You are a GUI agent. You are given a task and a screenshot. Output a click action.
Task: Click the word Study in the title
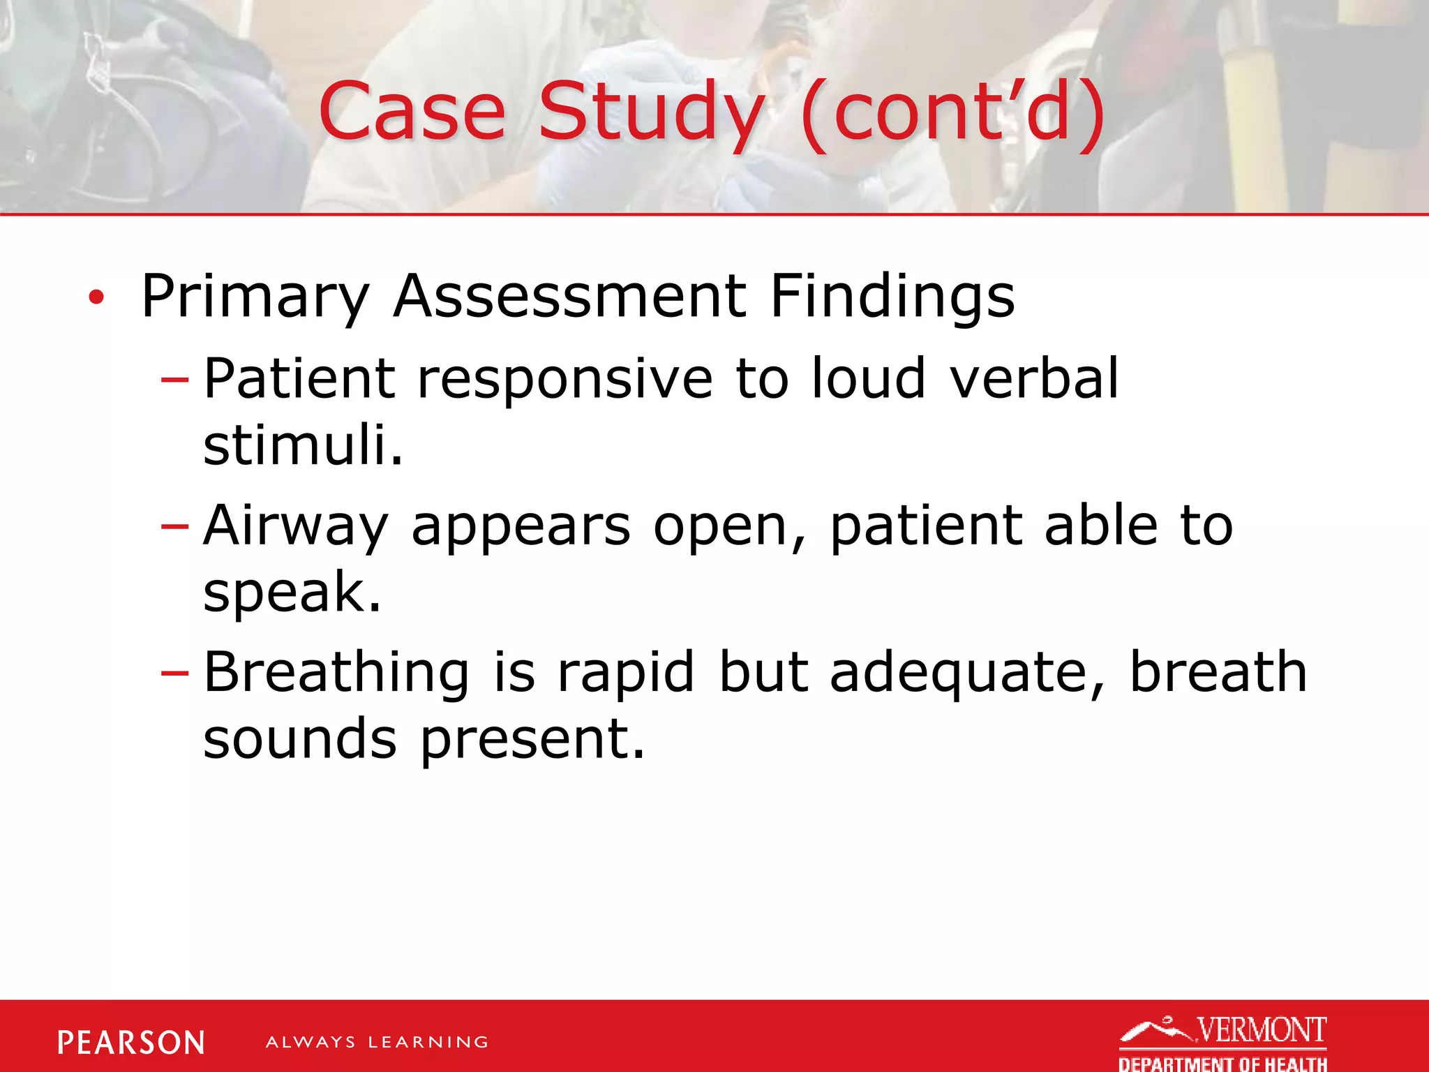(652, 112)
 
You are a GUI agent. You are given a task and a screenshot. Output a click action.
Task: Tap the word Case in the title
(412, 112)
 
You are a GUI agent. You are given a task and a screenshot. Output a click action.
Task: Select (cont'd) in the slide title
(952, 112)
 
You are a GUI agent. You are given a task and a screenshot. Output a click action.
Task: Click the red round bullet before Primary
(96, 298)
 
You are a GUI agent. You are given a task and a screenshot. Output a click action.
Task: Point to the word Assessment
(569, 296)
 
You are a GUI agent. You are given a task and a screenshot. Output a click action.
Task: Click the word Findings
(892, 297)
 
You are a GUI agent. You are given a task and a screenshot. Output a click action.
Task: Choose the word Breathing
(336, 674)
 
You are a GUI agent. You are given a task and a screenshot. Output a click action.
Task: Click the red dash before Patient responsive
(174, 380)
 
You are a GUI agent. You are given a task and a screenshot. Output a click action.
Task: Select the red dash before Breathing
(174, 673)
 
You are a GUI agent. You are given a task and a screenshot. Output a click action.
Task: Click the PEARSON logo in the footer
(131, 1043)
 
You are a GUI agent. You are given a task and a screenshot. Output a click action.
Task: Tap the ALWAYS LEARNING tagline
(377, 1043)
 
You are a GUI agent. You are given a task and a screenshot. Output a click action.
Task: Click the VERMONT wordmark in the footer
(1261, 1029)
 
